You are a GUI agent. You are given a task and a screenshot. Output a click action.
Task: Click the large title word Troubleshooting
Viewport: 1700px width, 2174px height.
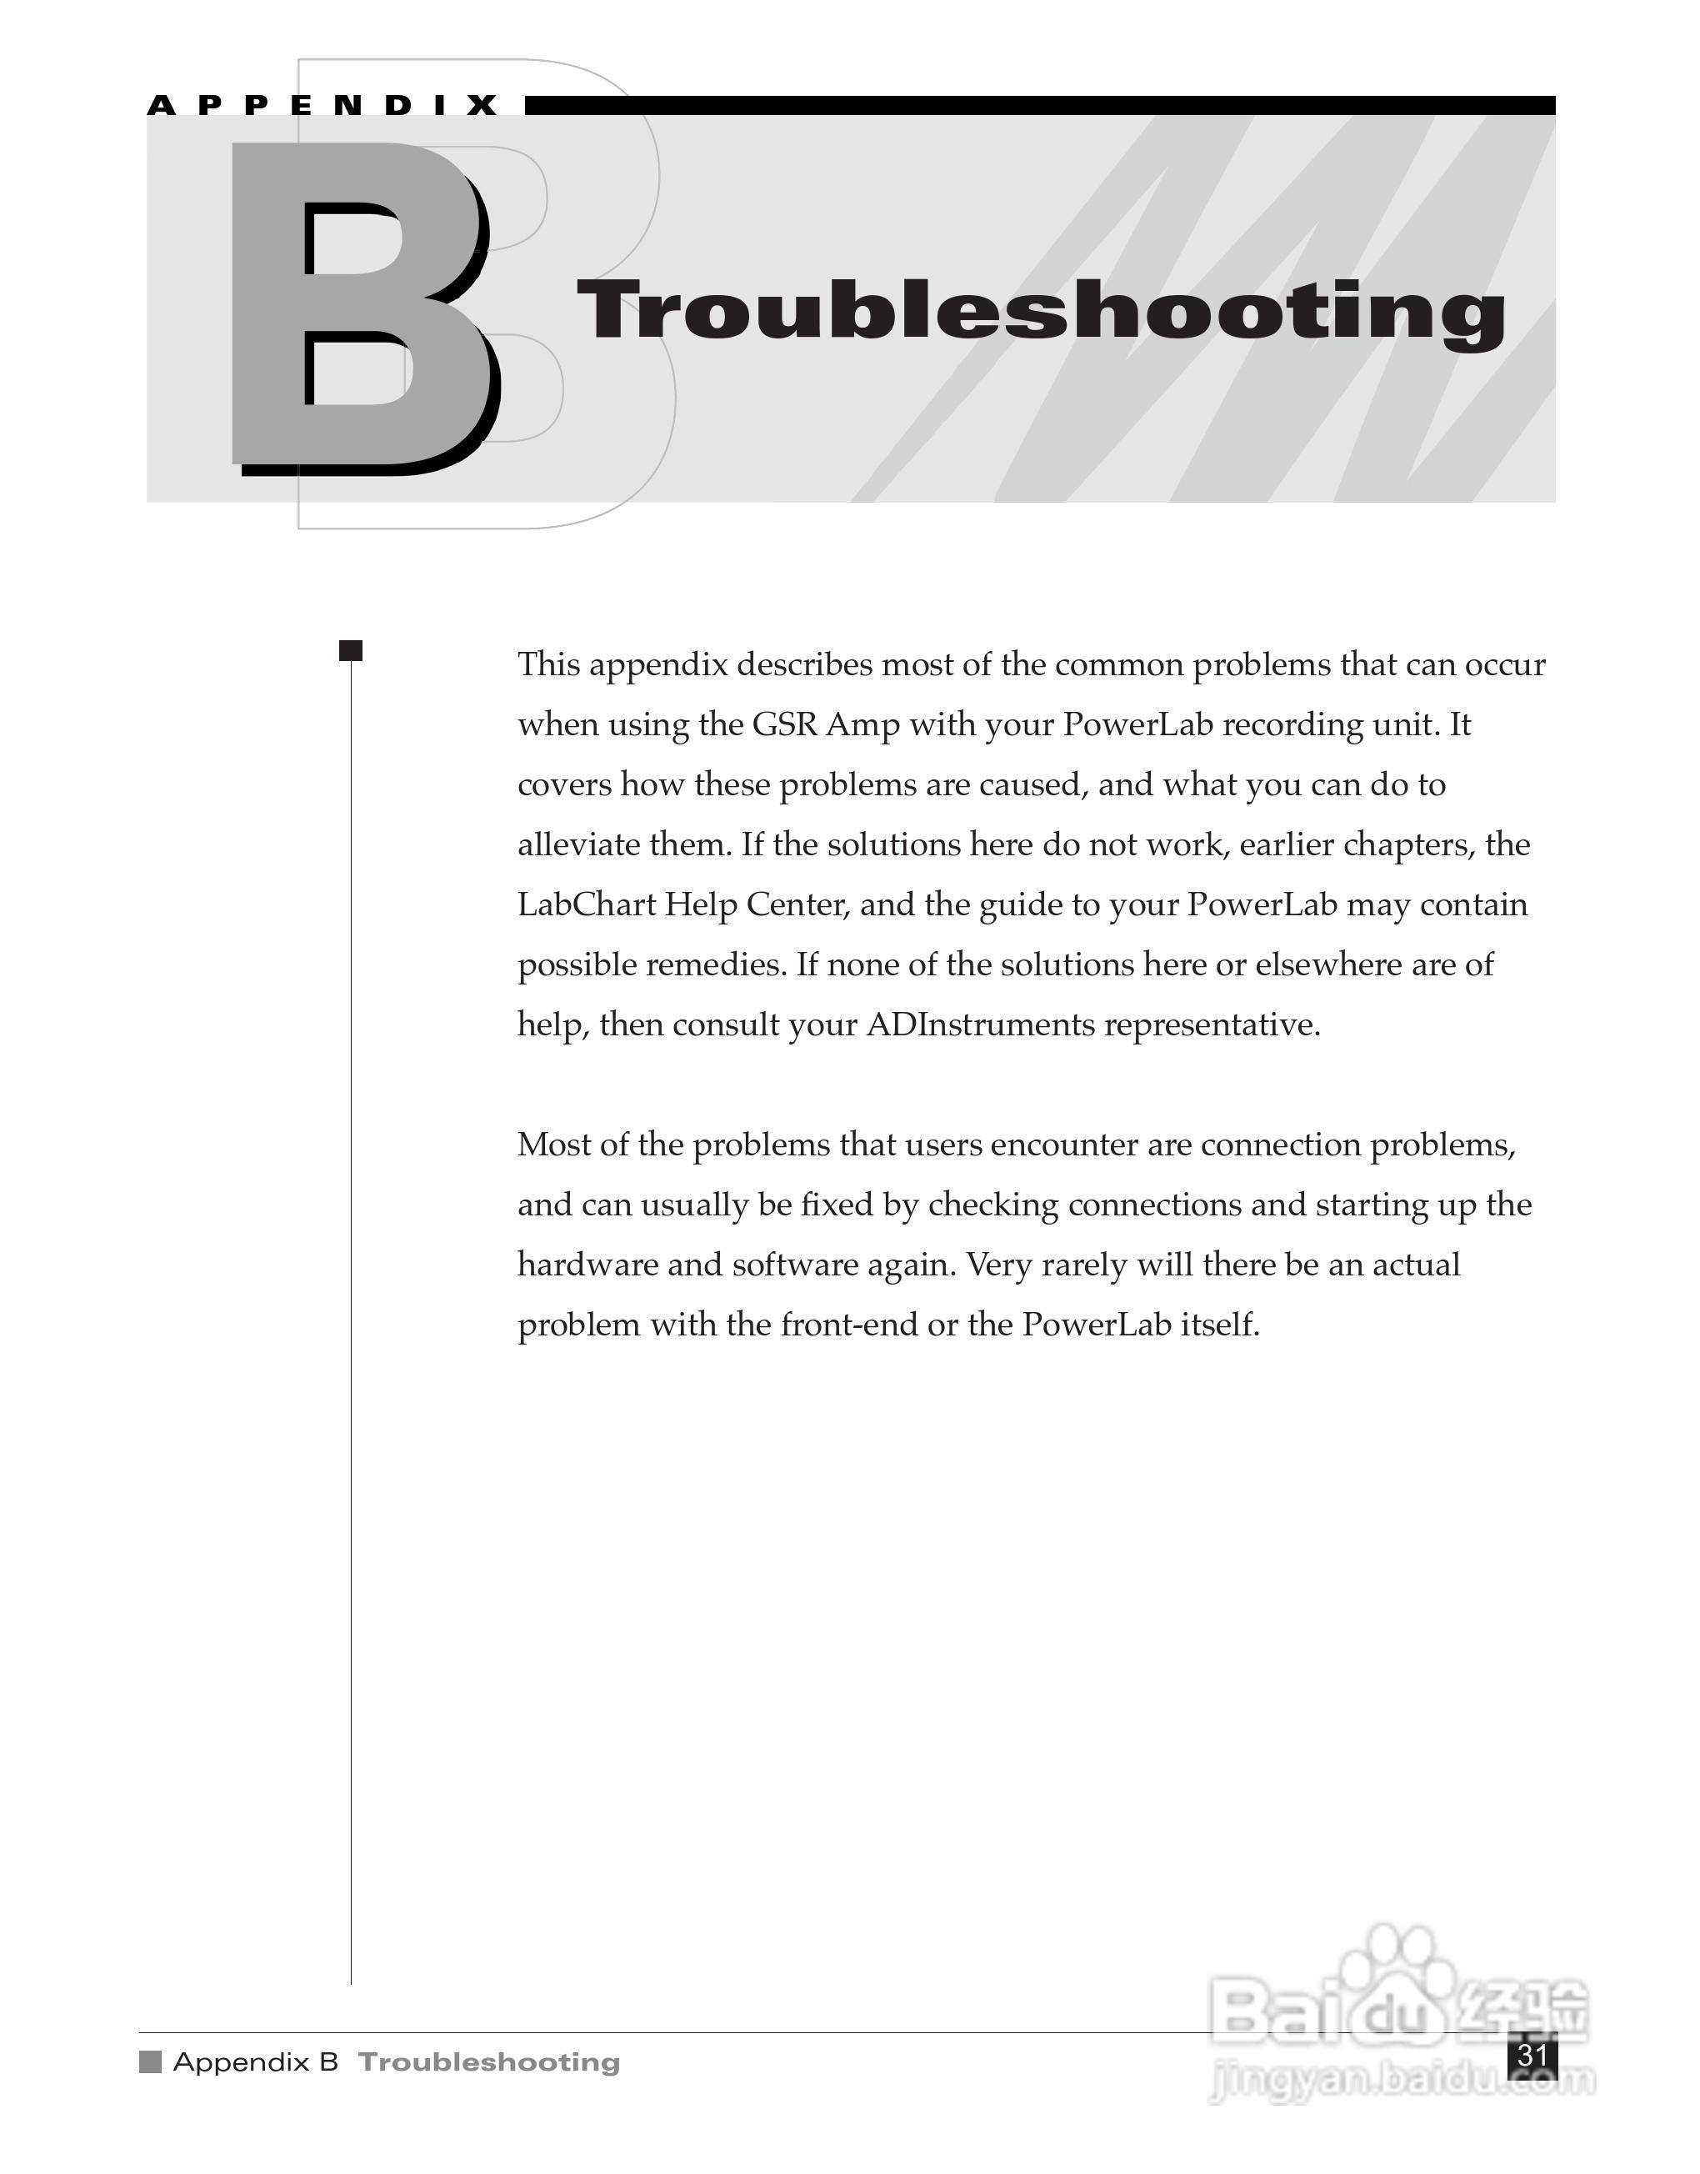[1040, 311]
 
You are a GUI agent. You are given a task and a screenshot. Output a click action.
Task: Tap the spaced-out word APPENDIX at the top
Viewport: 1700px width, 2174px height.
[323, 106]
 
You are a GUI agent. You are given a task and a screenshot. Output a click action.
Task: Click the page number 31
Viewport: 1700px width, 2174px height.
[1532, 2056]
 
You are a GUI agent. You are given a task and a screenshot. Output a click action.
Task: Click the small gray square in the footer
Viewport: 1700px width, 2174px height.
[150, 2061]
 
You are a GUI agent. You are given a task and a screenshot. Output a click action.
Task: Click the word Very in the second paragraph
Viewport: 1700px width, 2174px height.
[999, 1265]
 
